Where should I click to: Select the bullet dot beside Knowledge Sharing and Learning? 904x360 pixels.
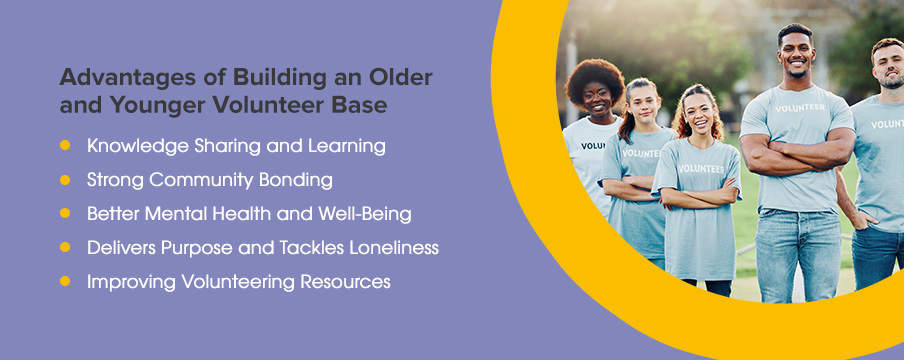(x=65, y=145)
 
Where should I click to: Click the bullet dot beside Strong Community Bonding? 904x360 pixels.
(x=65, y=180)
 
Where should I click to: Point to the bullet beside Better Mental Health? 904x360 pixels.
(x=65, y=213)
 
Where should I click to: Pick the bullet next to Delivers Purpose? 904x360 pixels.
(x=65, y=248)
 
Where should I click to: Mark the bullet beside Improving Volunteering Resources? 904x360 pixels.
(x=65, y=282)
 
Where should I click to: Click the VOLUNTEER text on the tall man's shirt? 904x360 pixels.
(x=800, y=108)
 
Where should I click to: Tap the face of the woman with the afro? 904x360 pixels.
(x=596, y=97)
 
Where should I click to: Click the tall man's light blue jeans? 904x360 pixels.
(x=798, y=253)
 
